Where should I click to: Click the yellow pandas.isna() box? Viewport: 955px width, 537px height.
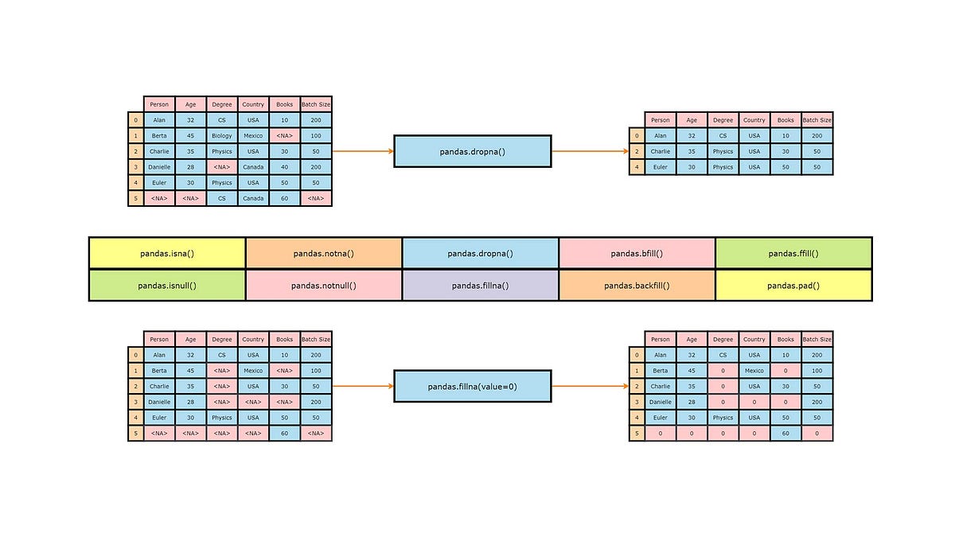[x=167, y=254]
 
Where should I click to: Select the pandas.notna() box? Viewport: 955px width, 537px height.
[x=323, y=254]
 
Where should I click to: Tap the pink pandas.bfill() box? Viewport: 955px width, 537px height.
[x=637, y=254]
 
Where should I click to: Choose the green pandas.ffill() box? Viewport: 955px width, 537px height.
[x=793, y=254]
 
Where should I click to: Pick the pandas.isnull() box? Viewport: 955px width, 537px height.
[x=167, y=286]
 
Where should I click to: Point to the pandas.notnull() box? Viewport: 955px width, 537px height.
[x=323, y=286]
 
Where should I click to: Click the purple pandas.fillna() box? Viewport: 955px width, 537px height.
[x=480, y=286]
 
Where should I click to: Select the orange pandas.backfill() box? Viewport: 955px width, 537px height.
[x=637, y=286]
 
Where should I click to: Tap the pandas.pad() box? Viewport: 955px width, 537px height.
[x=793, y=286]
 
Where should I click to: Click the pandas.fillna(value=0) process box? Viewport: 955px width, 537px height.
[x=472, y=387]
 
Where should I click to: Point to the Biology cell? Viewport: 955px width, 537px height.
[x=222, y=136]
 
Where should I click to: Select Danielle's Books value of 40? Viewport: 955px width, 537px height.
[x=284, y=167]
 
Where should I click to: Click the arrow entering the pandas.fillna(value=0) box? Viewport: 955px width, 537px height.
[x=363, y=387]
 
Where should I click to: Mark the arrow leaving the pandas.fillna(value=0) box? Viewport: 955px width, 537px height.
[x=590, y=387]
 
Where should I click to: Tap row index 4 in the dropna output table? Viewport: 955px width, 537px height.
[x=637, y=167]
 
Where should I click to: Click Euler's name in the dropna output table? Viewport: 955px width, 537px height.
[x=661, y=167]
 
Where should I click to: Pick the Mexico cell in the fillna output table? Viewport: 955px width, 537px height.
[x=754, y=371]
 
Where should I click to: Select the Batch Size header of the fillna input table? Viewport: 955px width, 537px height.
[x=316, y=340]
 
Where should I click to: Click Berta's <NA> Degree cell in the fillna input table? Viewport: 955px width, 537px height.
[x=222, y=371]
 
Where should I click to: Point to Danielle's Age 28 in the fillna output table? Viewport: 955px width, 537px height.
[x=692, y=403]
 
